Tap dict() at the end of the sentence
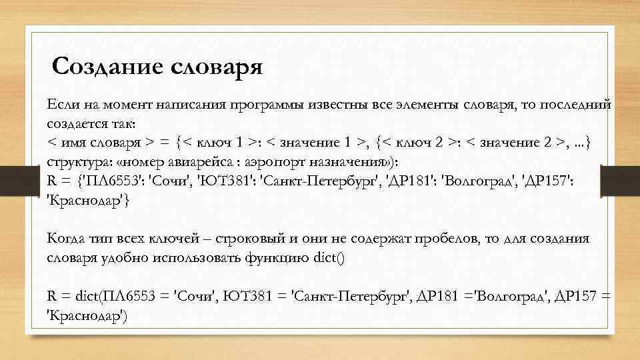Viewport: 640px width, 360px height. [329, 257]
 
